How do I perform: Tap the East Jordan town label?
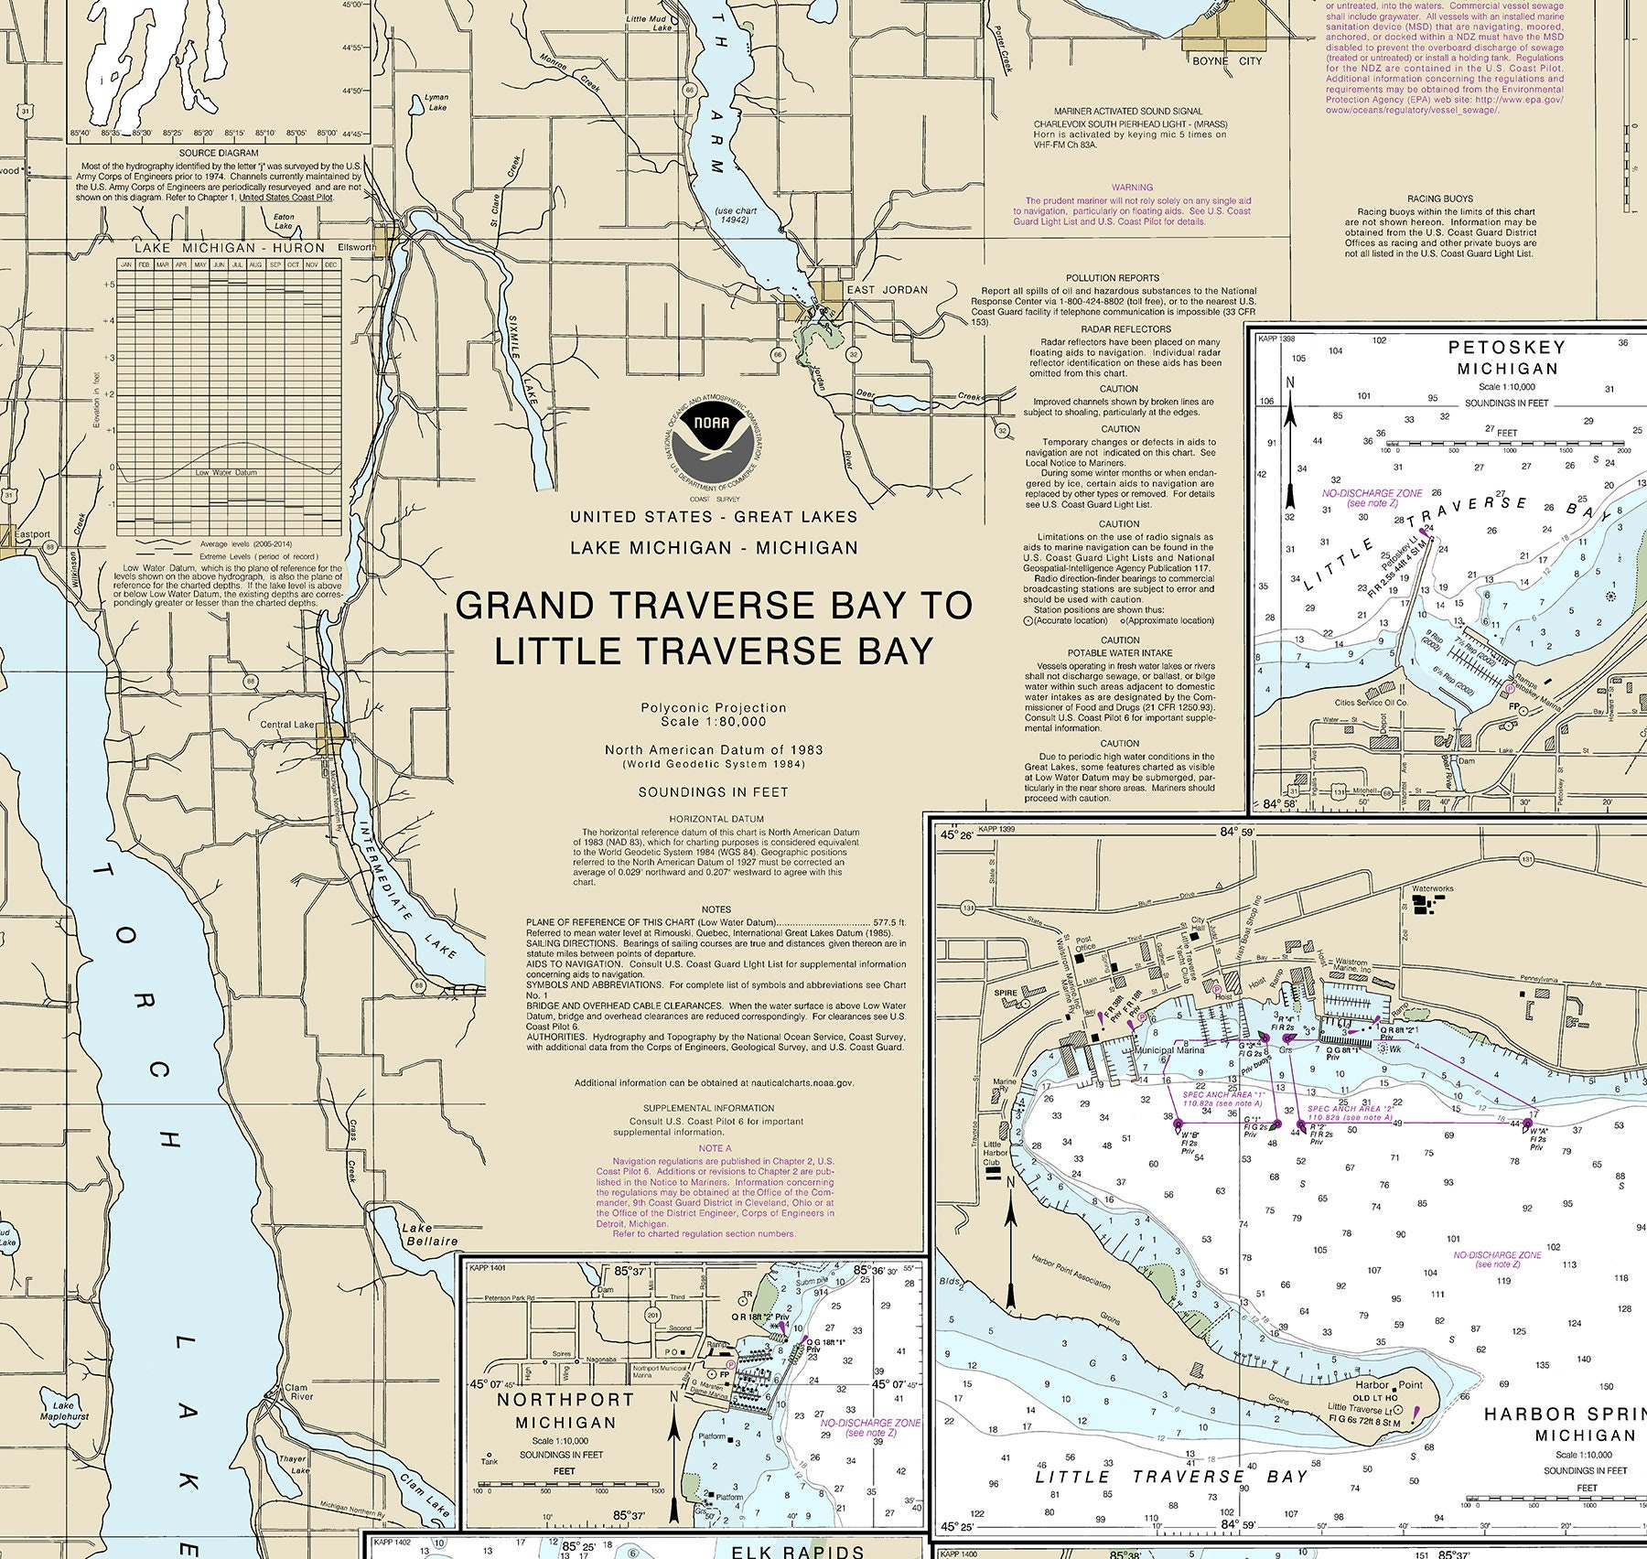click(887, 290)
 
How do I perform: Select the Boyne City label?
click(1226, 61)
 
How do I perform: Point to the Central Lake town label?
click(287, 725)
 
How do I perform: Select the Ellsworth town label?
click(357, 247)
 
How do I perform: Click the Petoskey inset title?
click(1507, 358)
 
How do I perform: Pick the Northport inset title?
click(565, 1410)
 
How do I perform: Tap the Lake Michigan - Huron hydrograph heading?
click(229, 248)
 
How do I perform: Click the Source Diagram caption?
click(219, 153)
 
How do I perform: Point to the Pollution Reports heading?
click(1112, 277)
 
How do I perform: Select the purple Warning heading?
click(1132, 188)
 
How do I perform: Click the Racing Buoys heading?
click(1439, 199)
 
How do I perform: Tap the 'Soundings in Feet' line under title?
click(713, 792)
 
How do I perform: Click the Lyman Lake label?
click(437, 102)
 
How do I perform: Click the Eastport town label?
click(32, 534)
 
